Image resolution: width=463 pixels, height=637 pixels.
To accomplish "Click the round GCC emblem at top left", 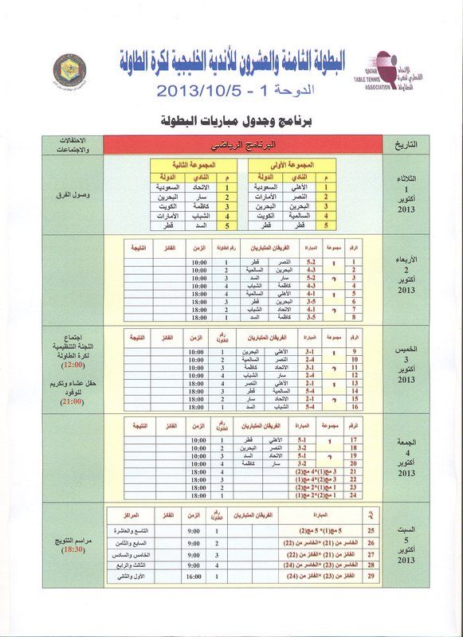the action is tap(70, 70).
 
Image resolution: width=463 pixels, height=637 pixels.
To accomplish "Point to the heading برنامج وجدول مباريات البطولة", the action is tap(231, 121).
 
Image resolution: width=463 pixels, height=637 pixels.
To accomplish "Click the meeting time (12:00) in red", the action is tap(74, 364).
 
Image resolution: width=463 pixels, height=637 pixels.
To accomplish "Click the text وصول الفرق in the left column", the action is tap(74, 193).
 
